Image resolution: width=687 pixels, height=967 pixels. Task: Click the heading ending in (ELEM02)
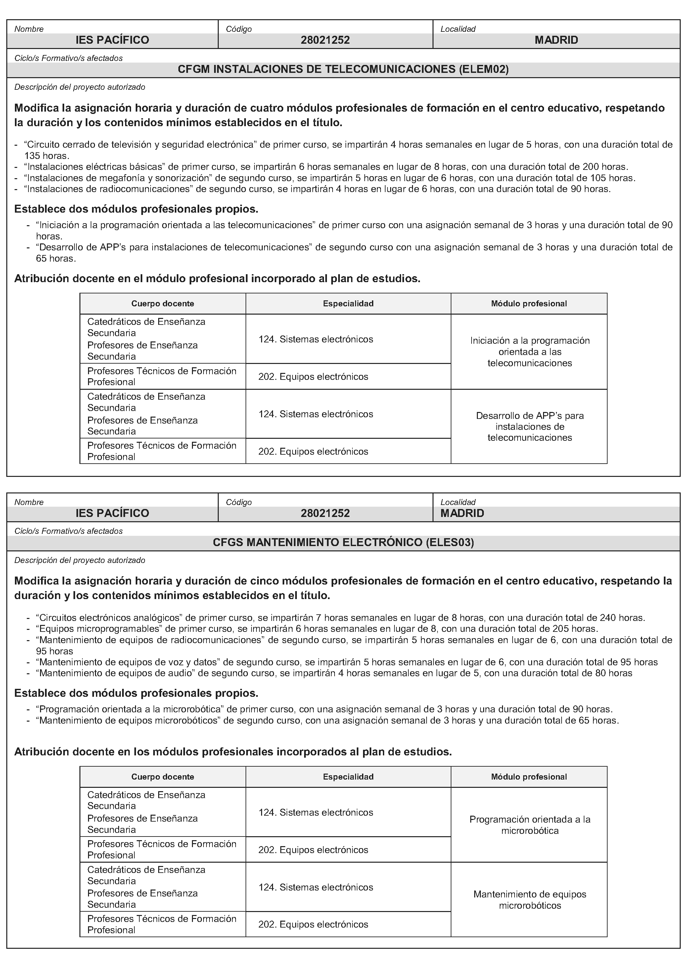(343, 70)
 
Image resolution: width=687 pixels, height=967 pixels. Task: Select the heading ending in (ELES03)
(343, 542)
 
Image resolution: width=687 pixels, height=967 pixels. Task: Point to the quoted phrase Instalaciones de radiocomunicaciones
(108, 189)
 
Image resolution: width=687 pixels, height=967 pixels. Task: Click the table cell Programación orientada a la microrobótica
(529, 825)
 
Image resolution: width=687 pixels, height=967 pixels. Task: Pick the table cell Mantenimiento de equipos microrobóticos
(529, 900)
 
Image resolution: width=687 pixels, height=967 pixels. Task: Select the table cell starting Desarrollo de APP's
(529, 426)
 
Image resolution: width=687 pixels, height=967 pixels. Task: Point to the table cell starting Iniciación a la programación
(529, 352)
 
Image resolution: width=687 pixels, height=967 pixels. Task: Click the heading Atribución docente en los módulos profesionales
(233, 751)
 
